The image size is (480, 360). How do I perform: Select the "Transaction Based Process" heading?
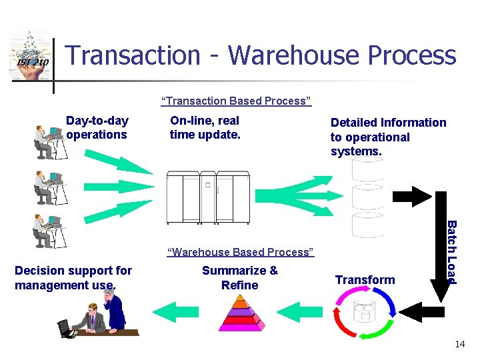point(236,101)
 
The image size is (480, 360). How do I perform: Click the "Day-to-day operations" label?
point(97,127)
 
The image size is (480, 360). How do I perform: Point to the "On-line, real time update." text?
point(205,127)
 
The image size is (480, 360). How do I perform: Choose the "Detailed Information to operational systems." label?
point(388,137)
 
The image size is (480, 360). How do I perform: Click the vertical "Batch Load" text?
point(451,251)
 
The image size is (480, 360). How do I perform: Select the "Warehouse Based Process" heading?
point(240,252)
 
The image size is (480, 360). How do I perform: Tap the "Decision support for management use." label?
point(73,278)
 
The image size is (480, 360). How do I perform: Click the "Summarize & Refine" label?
point(239,278)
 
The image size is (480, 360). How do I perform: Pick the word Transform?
point(365,279)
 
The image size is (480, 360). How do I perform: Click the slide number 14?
point(459,344)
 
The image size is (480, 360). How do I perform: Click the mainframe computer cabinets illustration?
point(207,197)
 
